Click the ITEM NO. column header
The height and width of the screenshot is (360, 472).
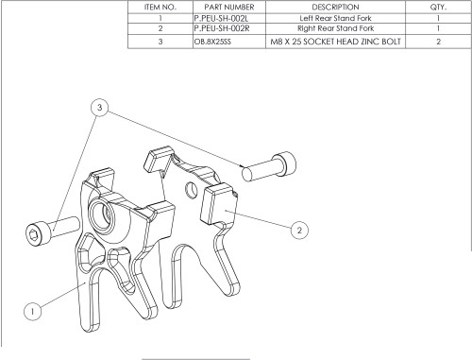(x=160, y=8)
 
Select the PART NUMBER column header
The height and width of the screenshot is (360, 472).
(x=229, y=8)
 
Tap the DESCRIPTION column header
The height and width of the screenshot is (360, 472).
(x=335, y=8)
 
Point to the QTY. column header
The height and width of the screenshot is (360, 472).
(x=438, y=8)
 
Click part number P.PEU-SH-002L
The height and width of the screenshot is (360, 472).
(x=221, y=19)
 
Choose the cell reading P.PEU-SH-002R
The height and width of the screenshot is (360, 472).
(x=222, y=28)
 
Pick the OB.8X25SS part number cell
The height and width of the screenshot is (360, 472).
(x=212, y=42)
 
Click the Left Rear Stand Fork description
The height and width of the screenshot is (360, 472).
(x=335, y=18)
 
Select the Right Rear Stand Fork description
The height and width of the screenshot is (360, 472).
(x=336, y=28)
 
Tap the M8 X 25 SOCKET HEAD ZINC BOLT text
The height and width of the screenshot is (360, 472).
(x=335, y=42)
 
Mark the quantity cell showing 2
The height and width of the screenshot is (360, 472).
(x=438, y=42)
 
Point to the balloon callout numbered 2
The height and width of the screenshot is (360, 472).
(x=299, y=230)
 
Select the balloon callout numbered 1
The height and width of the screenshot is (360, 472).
(x=33, y=311)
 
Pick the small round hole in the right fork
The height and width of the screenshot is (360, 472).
(x=191, y=190)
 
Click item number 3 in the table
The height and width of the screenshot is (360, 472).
(x=160, y=42)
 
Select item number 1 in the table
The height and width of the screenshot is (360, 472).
(x=160, y=19)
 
